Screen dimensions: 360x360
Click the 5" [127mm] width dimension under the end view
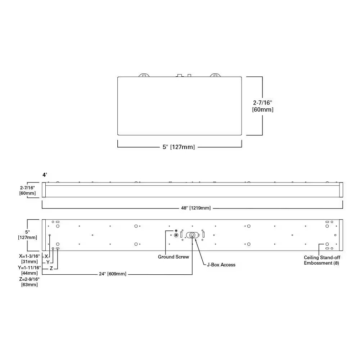pos(179,147)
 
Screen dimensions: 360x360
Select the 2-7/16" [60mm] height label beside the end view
pos(263,106)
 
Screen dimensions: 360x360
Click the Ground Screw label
pos(173,257)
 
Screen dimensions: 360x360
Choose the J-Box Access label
pos(221,265)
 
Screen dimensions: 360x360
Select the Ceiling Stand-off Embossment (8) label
pos(322,260)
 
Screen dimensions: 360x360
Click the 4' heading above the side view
pos(45,175)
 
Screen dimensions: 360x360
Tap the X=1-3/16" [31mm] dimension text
pos(30,259)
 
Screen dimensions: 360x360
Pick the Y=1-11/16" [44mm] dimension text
pos(30,271)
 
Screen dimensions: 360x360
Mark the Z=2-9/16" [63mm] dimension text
pos(30,282)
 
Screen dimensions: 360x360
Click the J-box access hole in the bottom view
pos(192,235)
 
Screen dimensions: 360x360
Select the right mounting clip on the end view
pos(215,75)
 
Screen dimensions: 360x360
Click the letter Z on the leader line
pos(51,269)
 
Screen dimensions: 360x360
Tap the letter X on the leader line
pos(46,256)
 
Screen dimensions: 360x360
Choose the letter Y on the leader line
pos(48,262)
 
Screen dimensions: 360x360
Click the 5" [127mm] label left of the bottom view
pos(27,235)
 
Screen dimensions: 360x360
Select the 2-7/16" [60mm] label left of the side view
pos(27,190)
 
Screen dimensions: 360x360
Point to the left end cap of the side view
pos(44,190)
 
